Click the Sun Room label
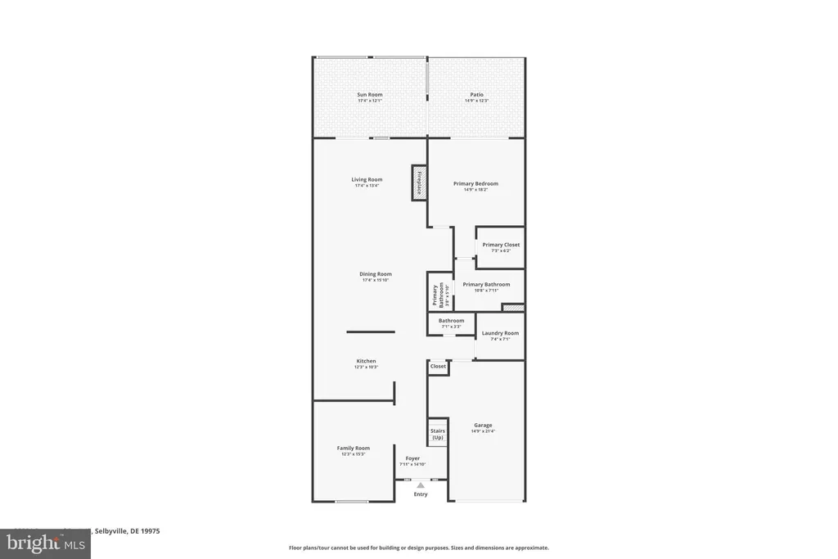[369, 95]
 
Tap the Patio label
[476, 95]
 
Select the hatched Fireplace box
[418, 183]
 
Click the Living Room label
[367, 180]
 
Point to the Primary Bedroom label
[475, 184]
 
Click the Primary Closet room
[500, 247]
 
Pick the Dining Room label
[376, 274]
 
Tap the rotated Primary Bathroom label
[439, 294]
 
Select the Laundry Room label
[500, 333]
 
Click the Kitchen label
[366, 361]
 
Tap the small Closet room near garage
[439, 367]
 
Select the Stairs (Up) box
[438, 434]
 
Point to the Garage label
[483, 425]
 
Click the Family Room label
[354, 448]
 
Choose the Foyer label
[412, 458]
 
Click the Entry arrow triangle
[421, 485]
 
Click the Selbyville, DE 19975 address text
[127, 531]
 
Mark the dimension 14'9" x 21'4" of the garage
[483, 431]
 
